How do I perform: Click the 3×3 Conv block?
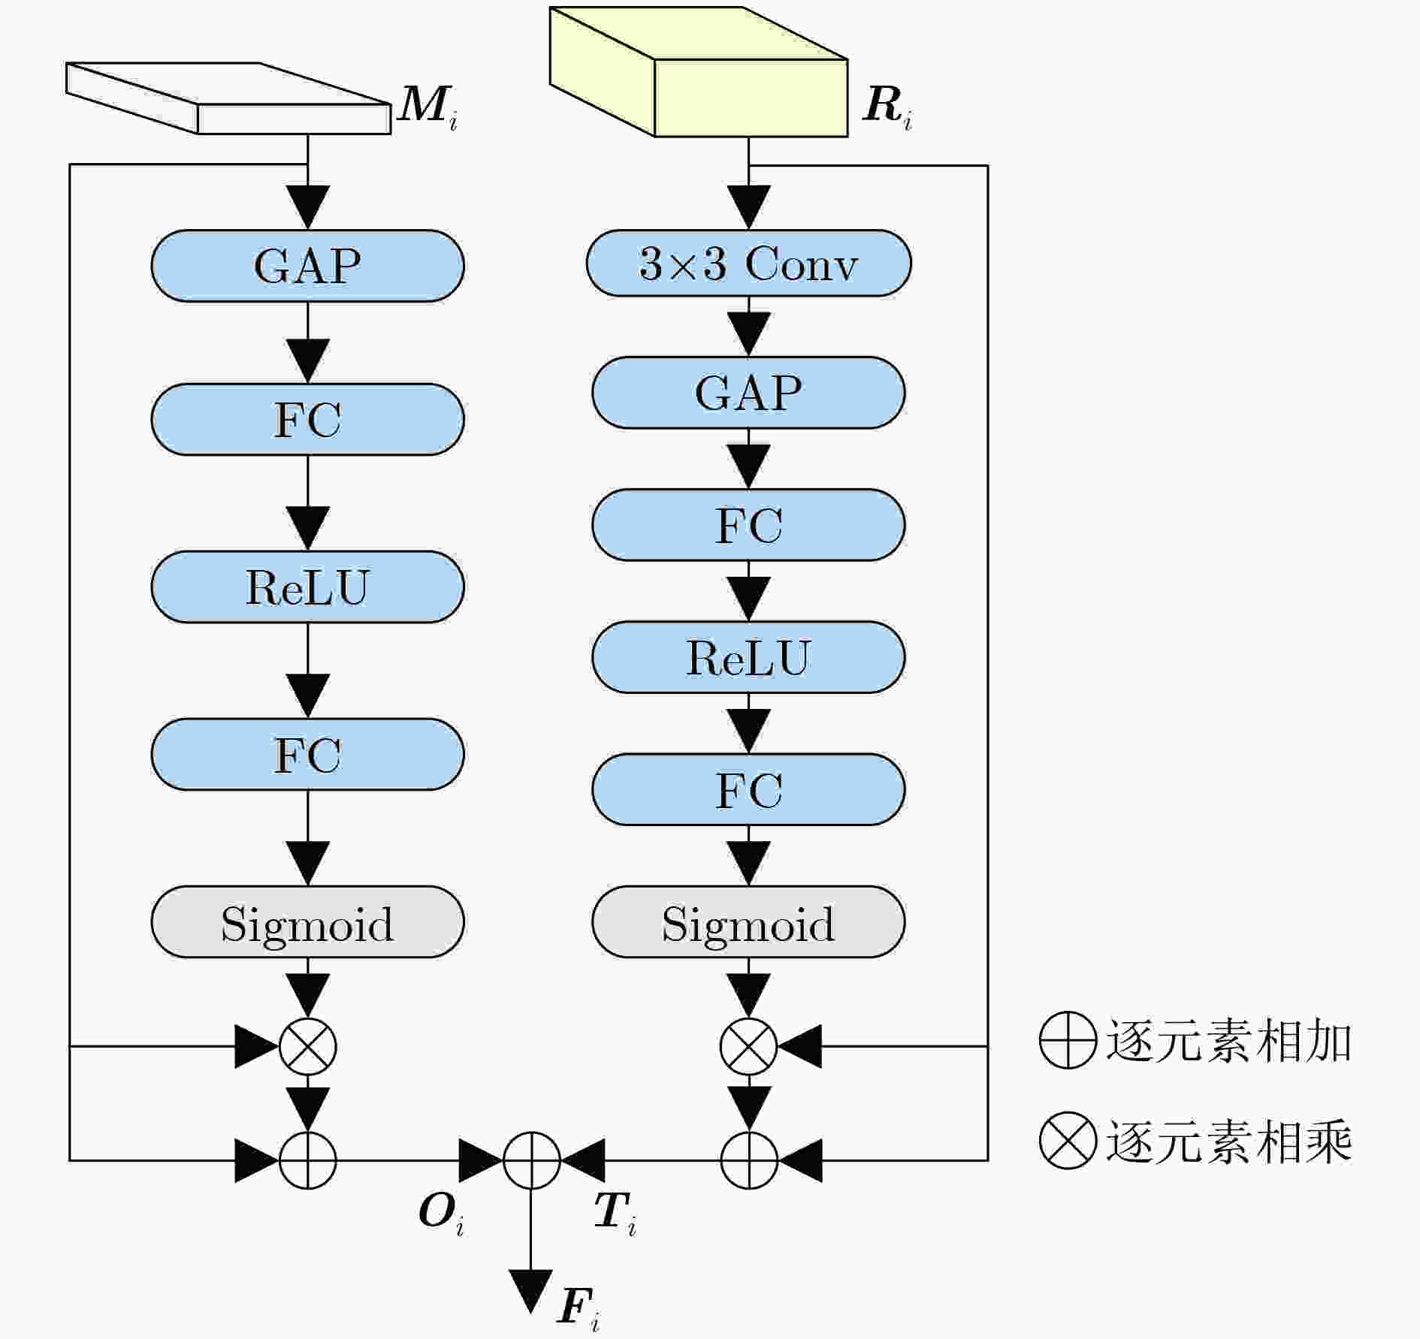click(748, 264)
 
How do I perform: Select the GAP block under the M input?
click(307, 266)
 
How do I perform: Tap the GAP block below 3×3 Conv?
click(748, 393)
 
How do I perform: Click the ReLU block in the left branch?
click(307, 587)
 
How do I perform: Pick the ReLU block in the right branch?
click(748, 657)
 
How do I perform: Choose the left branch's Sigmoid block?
click(307, 921)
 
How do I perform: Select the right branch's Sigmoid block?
click(748, 921)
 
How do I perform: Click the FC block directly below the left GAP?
click(307, 419)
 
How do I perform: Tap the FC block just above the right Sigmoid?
click(748, 789)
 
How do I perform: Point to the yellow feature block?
click(699, 72)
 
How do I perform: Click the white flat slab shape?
click(228, 98)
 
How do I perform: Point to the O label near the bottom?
click(442, 1214)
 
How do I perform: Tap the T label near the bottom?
click(615, 1214)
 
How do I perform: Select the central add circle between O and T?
click(531, 1160)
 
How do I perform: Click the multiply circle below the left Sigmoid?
click(307, 1046)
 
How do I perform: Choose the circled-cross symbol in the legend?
click(1068, 1141)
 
